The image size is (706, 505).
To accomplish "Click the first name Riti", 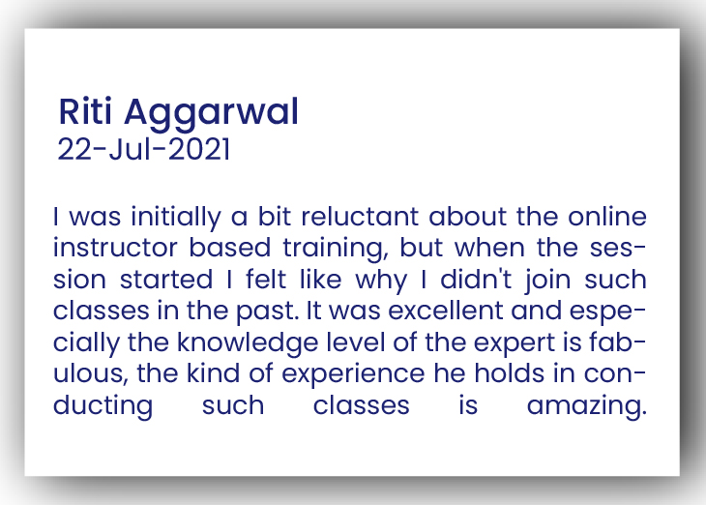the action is [x=85, y=111].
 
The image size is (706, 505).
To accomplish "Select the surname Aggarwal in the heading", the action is [x=211, y=114].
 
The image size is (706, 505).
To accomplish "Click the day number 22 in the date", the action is [x=74, y=149].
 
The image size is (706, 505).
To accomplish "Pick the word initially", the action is [x=176, y=218].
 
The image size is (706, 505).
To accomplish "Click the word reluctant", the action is [x=360, y=217].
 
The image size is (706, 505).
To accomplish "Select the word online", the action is [x=607, y=217].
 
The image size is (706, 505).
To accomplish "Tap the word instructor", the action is [x=116, y=248].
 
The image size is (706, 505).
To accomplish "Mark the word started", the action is [x=166, y=280].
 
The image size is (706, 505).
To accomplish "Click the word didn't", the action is [x=476, y=280].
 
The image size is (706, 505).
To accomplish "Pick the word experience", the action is [x=353, y=375].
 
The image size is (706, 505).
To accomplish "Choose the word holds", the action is [x=510, y=373].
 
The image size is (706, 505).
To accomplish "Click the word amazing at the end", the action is [x=587, y=406].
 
